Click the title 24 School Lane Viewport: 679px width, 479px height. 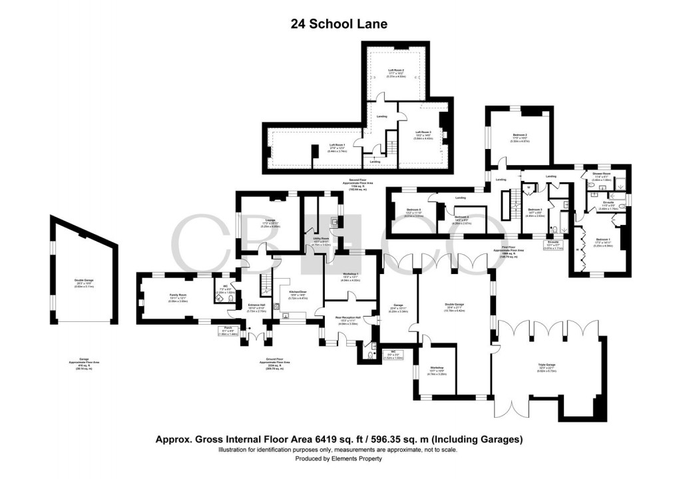click(339, 24)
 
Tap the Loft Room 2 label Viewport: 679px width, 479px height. click(397, 69)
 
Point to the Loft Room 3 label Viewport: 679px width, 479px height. click(423, 132)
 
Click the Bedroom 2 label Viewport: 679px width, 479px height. click(520, 135)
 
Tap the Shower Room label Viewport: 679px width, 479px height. click(602, 173)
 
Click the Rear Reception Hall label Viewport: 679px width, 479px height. click(348, 317)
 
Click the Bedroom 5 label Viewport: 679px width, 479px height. click(414, 211)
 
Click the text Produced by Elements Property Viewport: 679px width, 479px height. click(339, 458)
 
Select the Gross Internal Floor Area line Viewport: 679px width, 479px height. click(339, 439)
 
